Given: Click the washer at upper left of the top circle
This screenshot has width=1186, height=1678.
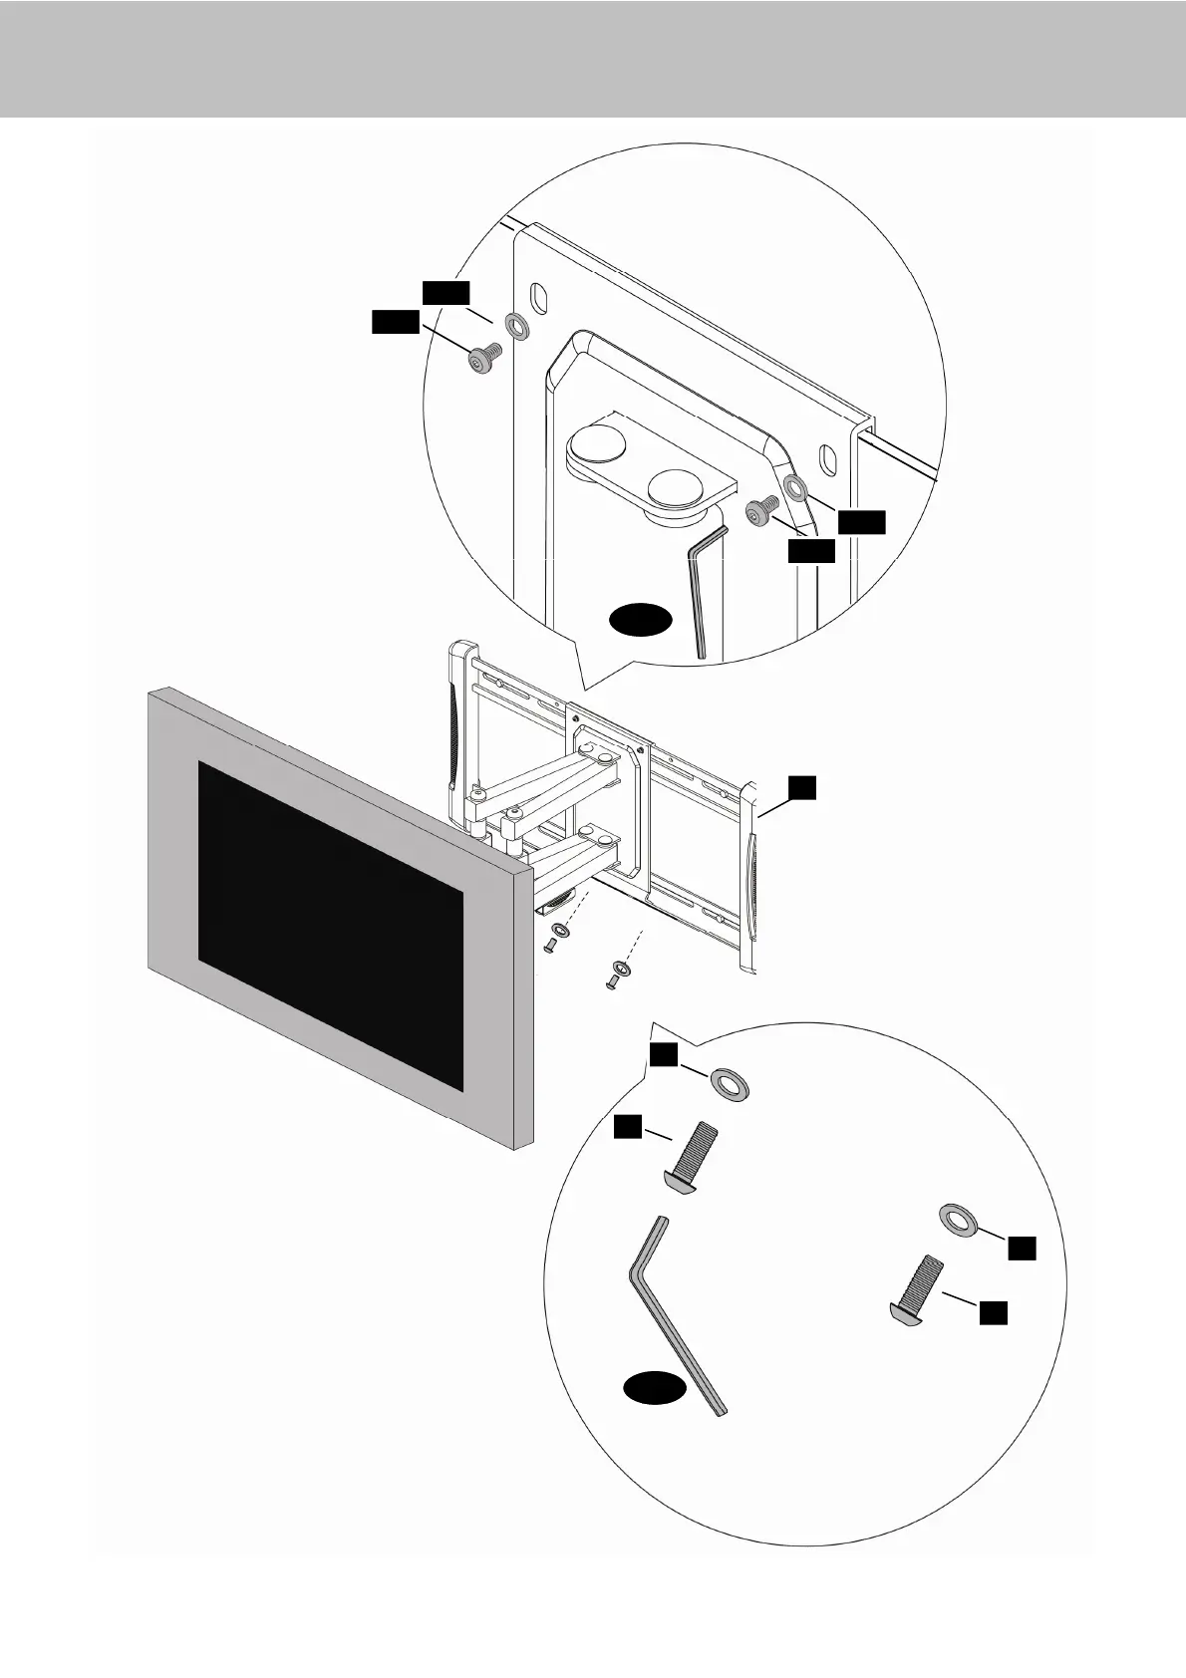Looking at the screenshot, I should point(517,325).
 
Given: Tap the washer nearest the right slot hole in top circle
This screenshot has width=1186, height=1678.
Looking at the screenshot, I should point(795,487).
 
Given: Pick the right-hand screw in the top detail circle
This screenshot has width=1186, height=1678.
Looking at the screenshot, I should point(762,511).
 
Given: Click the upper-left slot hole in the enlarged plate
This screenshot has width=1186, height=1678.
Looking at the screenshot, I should point(538,297).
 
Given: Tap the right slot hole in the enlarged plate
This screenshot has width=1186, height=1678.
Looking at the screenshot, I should point(825,459).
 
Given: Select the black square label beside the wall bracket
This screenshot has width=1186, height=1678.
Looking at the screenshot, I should point(803,788).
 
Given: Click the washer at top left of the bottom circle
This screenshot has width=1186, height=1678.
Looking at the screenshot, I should point(731,1083).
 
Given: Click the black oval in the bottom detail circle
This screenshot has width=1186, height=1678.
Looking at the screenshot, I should point(656,1388).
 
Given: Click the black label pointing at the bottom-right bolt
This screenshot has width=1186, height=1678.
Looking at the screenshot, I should point(992,1312).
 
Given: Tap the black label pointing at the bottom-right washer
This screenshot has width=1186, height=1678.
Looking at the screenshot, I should point(1021,1248).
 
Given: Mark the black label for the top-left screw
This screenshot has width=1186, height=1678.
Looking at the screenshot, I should point(395,321).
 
